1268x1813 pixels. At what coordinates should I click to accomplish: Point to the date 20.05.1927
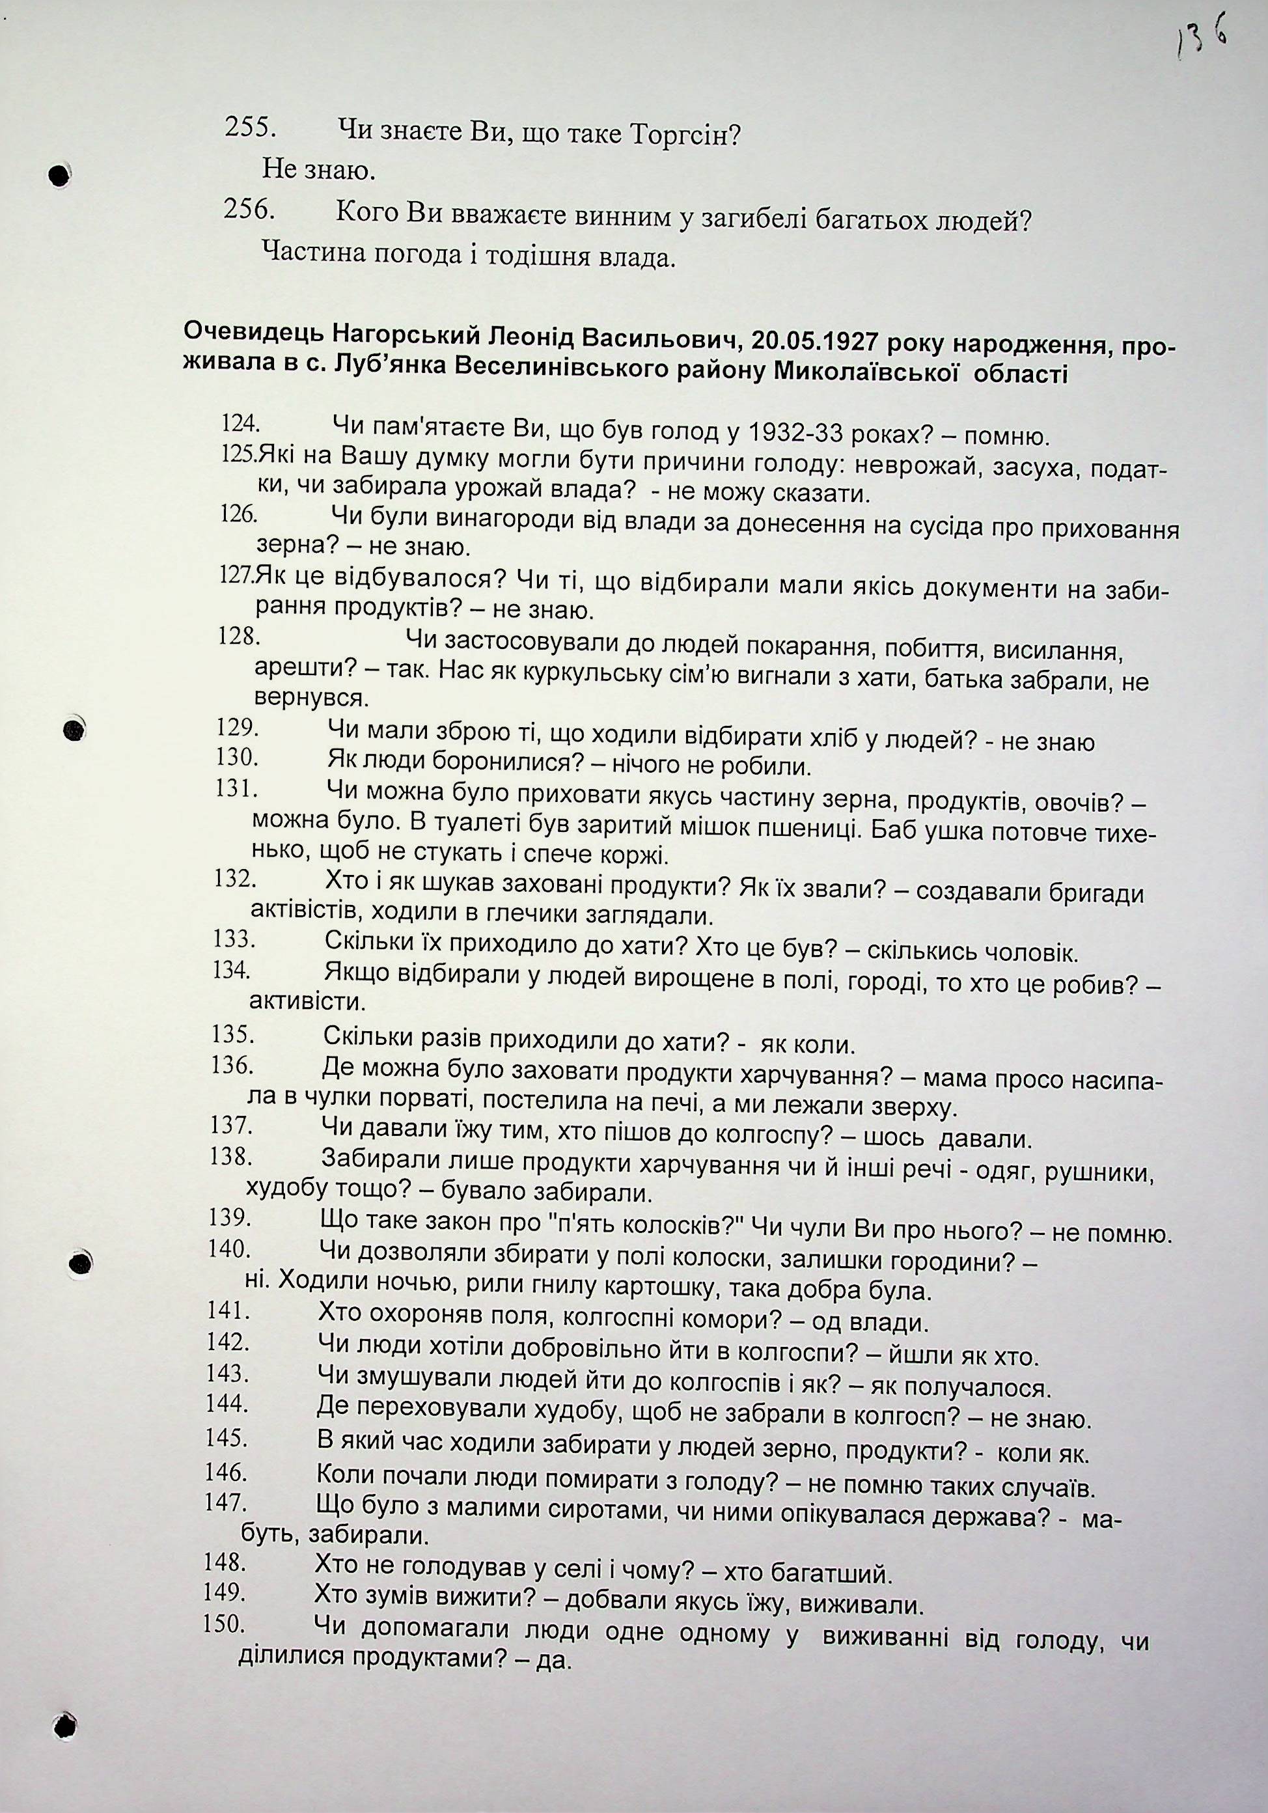(x=814, y=342)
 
